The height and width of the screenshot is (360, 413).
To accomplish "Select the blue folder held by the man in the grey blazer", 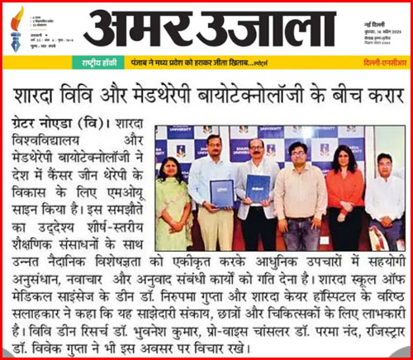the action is (258, 187).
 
